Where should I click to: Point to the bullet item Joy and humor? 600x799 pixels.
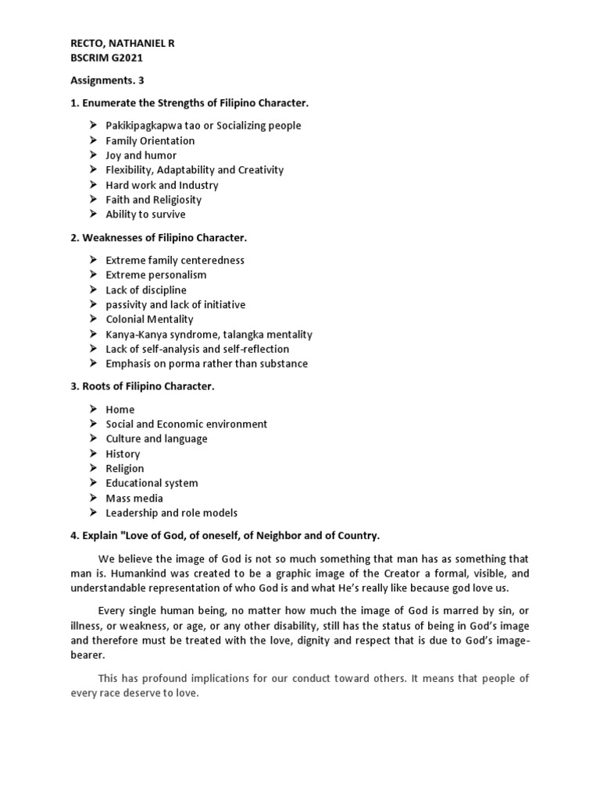(141, 155)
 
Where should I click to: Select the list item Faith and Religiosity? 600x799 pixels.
(153, 200)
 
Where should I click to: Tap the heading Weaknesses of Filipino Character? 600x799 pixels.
(166, 237)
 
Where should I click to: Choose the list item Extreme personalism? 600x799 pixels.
(156, 275)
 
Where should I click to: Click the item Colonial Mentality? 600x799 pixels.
(149, 319)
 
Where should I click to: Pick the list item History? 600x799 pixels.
(123, 453)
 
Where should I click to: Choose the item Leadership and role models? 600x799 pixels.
(172, 513)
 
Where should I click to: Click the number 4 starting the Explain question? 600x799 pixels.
(74, 535)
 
